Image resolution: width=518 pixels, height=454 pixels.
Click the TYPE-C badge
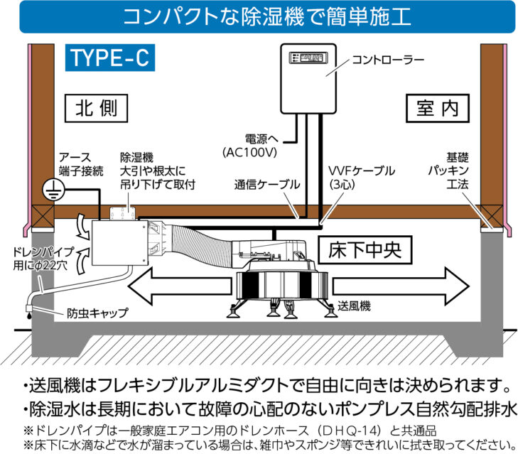click(110, 58)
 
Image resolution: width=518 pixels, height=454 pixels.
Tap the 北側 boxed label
click(96, 109)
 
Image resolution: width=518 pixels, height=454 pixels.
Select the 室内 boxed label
click(438, 109)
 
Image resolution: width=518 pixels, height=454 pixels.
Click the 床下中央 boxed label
click(365, 250)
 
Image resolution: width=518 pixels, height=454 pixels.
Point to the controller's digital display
click(308, 58)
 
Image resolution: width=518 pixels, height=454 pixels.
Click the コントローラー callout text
click(388, 60)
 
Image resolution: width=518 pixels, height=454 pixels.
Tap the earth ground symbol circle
click(53, 190)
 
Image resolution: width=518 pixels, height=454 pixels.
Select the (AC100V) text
click(249, 153)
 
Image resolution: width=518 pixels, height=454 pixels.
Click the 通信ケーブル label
click(267, 185)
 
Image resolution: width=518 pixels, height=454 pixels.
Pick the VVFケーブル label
click(362, 171)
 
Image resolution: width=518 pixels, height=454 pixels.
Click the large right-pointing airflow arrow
click(401, 286)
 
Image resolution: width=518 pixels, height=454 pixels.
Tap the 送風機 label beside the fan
click(354, 306)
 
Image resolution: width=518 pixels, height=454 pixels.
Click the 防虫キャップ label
click(97, 313)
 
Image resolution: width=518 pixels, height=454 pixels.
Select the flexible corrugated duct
click(202, 245)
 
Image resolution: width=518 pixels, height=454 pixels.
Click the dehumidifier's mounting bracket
click(123, 214)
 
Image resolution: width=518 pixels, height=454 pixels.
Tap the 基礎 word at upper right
click(458, 158)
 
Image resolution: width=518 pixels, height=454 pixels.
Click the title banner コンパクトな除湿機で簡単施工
click(267, 16)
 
